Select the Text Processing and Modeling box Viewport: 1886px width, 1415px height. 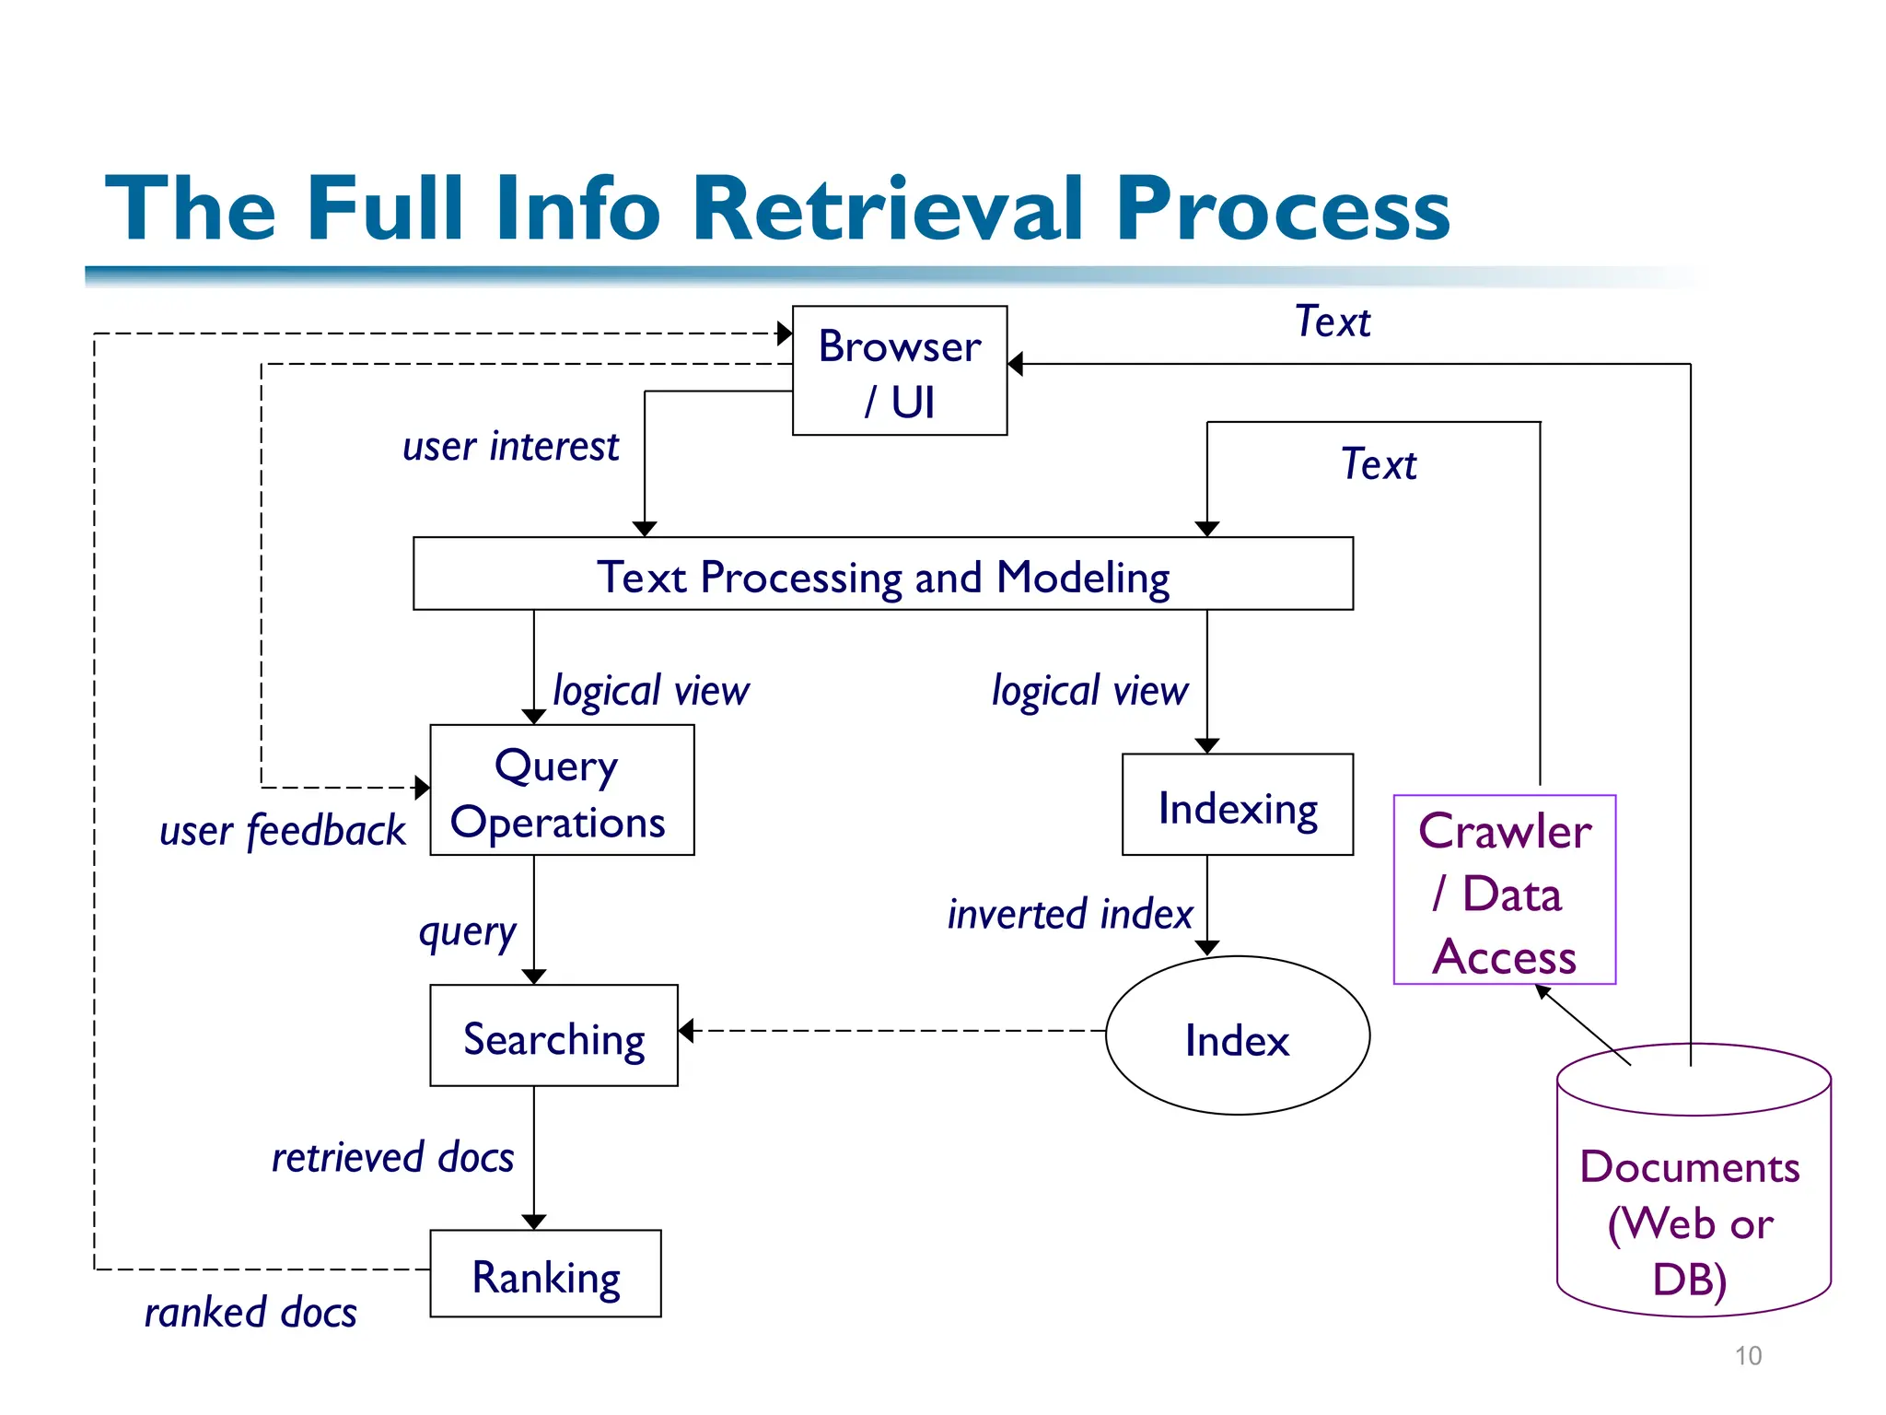[x=882, y=574]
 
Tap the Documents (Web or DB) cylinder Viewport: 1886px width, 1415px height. [x=1693, y=1198]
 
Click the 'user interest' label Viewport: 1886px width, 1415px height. [x=510, y=447]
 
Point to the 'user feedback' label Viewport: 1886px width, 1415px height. [x=282, y=830]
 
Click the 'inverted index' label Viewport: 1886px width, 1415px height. [x=1069, y=914]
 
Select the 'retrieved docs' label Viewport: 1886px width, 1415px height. [x=392, y=1157]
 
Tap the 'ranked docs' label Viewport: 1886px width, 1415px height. [x=250, y=1312]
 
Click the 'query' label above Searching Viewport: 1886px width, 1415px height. [x=467, y=932]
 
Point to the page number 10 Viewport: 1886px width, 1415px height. [x=1747, y=1356]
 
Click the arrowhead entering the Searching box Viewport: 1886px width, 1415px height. [x=686, y=1031]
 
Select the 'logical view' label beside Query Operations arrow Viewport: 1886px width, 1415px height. [x=650, y=691]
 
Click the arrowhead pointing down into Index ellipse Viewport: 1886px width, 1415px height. [x=1207, y=948]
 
